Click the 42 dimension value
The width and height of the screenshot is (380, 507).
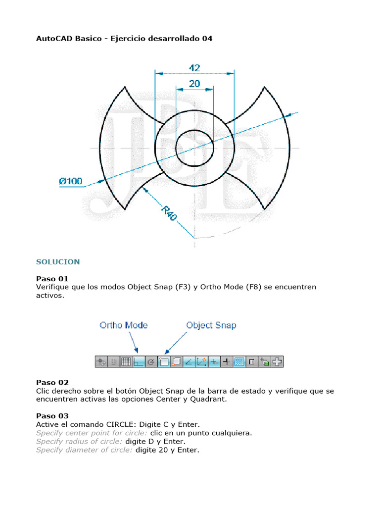(x=194, y=67)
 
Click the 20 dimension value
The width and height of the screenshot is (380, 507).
(x=194, y=84)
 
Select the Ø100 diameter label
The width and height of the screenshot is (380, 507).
(x=71, y=181)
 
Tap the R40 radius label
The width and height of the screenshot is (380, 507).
(x=169, y=213)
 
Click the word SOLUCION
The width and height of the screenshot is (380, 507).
(x=58, y=261)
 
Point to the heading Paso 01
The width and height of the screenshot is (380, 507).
(x=52, y=279)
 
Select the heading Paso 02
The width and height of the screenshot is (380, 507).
(x=52, y=383)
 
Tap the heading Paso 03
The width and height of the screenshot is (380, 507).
(x=52, y=416)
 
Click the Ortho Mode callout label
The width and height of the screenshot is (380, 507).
(x=124, y=325)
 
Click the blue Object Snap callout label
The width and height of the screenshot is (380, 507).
(x=211, y=325)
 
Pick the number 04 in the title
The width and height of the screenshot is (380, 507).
(x=207, y=38)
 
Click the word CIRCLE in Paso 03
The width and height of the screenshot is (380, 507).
(x=122, y=424)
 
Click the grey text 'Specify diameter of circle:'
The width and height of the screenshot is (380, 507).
(x=84, y=450)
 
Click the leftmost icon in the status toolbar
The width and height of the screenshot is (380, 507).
(x=100, y=362)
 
